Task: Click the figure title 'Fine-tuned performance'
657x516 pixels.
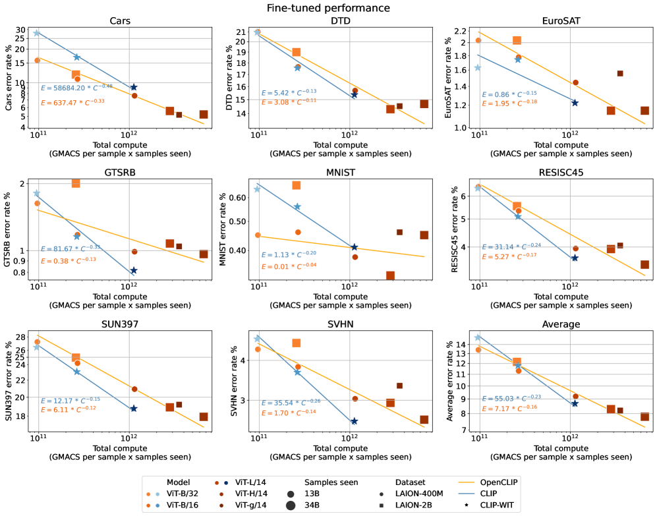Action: pyautogui.click(x=328, y=8)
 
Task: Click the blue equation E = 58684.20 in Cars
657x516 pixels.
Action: pyautogui.click(x=76, y=87)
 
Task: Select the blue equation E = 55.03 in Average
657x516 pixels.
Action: pyautogui.click(x=517, y=398)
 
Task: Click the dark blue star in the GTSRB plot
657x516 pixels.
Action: pyautogui.click(x=134, y=270)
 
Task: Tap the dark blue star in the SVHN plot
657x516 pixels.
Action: pyautogui.click(x=355, y=421)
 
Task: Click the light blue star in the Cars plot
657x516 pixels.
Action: pyautogui.click(x=37, y=33)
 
